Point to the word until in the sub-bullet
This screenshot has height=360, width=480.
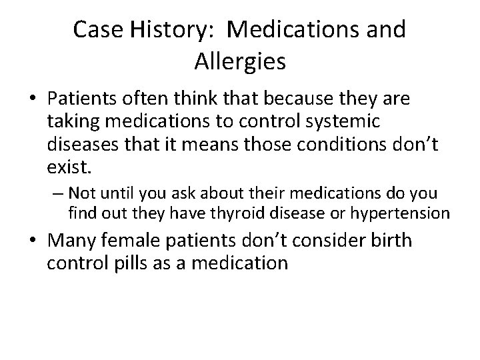coord(115,193)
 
